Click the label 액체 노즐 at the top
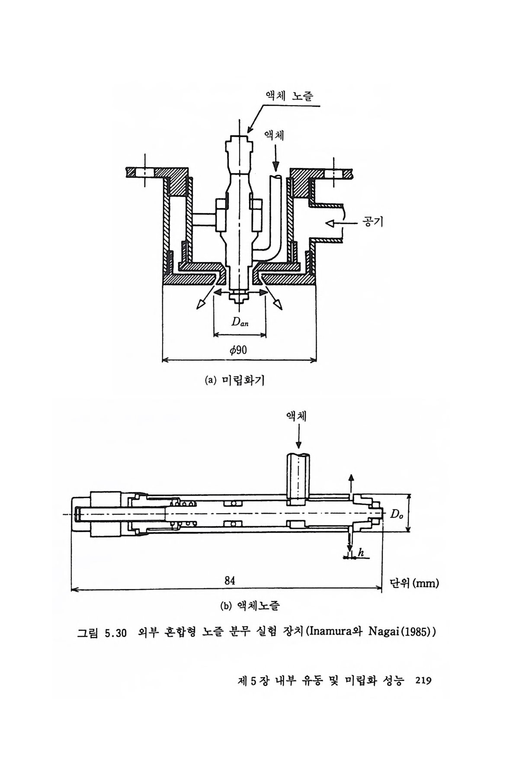tap(289, 96)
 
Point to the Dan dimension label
tap(240, 322)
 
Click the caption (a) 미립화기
tap(235, 380)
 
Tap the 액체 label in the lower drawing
tap(296, 416)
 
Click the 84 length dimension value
tap(230, 581)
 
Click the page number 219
tap(423, 681)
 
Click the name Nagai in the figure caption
tap(384, 633)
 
